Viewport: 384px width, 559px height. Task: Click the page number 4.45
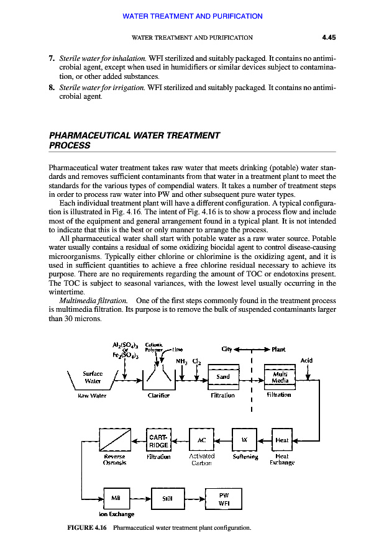click(329, 37)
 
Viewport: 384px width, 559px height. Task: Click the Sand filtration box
click(223, 377)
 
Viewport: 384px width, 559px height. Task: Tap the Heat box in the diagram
click(282, 440)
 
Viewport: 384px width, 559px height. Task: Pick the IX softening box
click(244, 440)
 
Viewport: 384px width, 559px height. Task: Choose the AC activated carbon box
click(201, 440)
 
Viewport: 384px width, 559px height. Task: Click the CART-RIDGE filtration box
click(157, 440)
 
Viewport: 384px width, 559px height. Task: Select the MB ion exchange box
click(115, 498)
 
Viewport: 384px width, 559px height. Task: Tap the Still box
click(167, 498)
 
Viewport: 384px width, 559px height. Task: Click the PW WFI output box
click(224, 498)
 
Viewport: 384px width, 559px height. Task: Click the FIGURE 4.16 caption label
click(87, 529)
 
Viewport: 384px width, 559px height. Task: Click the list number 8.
click(52, 88)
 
